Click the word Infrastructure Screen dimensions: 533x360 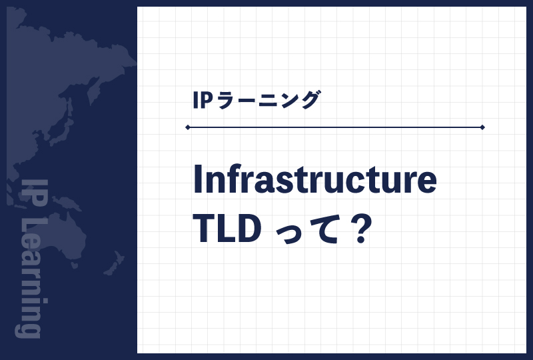(314, 179)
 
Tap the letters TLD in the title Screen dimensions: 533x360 (227, 229)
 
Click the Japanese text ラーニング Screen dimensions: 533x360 (268, 100)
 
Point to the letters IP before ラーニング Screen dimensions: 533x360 (203, 100)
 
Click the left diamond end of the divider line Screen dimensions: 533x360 (188, 127)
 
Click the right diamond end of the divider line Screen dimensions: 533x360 (482, 127)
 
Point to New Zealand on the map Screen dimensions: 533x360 (115, 263)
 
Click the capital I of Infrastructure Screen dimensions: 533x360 (197, 179)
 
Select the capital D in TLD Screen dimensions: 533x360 (250, 229)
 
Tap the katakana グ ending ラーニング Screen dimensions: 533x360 (308, 100)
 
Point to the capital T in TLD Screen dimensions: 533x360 (204, 229)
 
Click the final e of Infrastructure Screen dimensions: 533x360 (427, 183)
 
